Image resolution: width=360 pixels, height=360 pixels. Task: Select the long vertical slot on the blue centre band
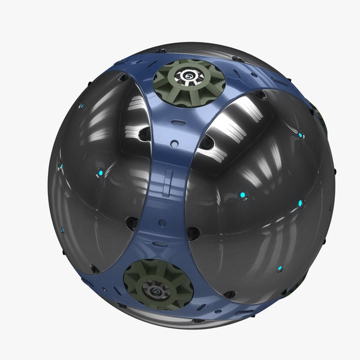[x=169, y=179]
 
